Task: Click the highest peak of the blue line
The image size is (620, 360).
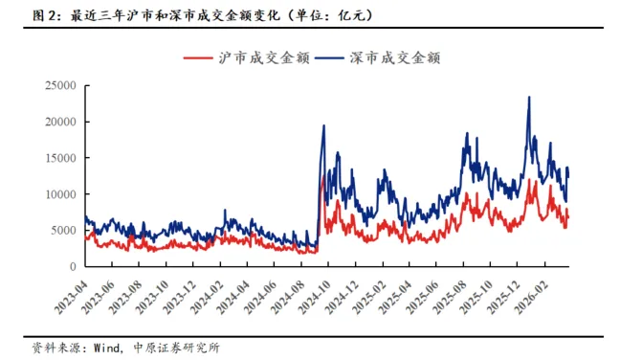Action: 529,97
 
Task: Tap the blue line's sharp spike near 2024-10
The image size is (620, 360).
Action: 323,126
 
